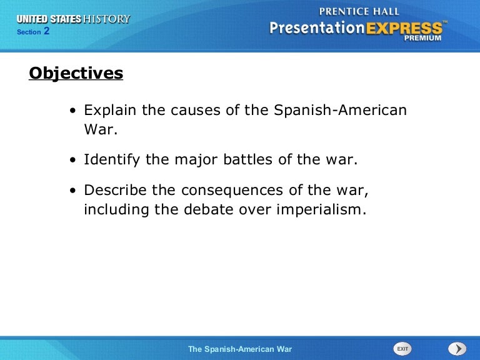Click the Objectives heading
pyautogui.click(x=76, y=74)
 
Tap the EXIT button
pyautogui.click(x=402, y=348)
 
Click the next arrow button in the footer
pyautogui.click(x=457, y=348)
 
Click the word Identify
pyautogui.click(x=112, y=159)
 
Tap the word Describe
pyautogui.click(x=115, y=190)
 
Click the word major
pyautogui.click(x=190, y=159)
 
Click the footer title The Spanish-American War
pyautogui.click(x=240, y=349)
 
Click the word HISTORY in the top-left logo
pyautogui.click(x=107, y=19)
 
